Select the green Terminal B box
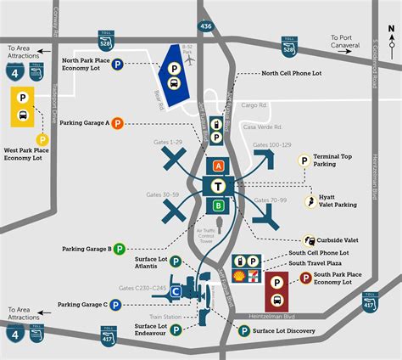(x=219, y=205)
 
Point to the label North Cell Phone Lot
(x=293, y=73)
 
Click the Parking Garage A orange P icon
(x=118, y=123)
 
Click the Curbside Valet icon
(x=309, y=240)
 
